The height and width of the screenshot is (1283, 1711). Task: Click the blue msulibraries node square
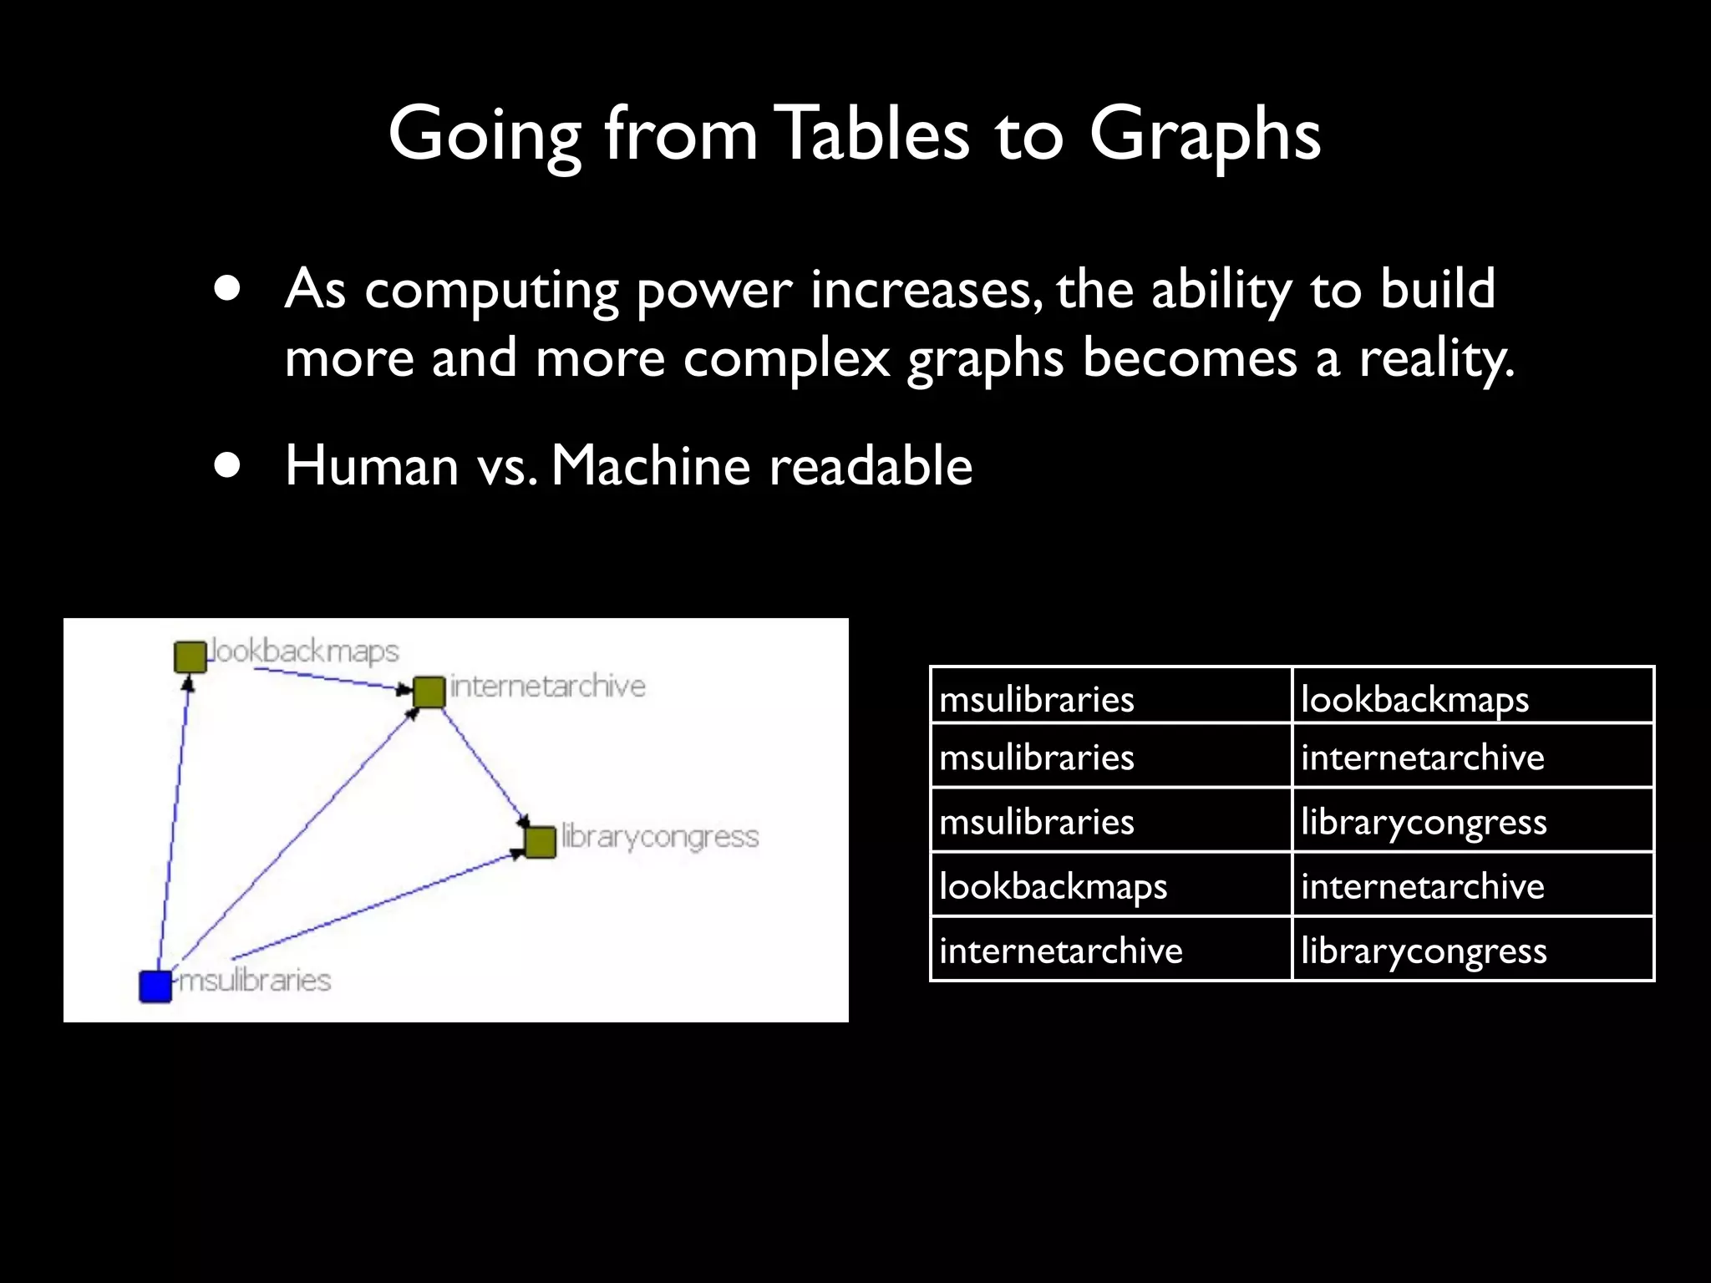[155, 986]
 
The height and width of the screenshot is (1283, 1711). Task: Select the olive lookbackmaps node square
[190, 657]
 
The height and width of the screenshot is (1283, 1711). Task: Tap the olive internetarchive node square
[429, 692]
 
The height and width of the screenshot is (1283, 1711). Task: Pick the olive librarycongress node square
[541, 841]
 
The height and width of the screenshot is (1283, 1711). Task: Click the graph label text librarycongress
[660, 837]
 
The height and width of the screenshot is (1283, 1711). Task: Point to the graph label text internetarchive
[548, 687]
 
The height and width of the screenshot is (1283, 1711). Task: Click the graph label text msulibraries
[256, 980]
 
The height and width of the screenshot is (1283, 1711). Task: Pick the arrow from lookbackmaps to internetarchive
[326, 678]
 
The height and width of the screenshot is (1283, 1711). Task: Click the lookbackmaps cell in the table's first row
[1414, 699]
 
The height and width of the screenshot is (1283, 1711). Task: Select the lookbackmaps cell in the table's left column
[1053, 886]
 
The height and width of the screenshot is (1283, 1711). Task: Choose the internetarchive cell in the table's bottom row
[1061, 951]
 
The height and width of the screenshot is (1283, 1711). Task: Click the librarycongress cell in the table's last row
[1424, 951]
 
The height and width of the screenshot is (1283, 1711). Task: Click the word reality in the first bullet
[1436, 359]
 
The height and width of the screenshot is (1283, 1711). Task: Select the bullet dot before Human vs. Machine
[226, 465]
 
